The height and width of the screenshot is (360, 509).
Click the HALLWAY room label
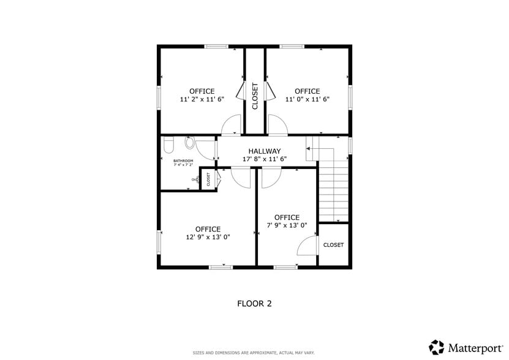[x=264, y=151]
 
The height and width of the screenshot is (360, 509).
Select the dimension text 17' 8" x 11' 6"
[x=264, y=159]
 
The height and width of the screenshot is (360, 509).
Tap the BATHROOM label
[x=183, y=161]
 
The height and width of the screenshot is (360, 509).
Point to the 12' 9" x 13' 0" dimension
[x=208, y=237]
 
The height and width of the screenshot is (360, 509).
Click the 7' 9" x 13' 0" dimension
[x=287, y=225]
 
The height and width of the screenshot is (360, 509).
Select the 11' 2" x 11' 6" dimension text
[x=202, y=99]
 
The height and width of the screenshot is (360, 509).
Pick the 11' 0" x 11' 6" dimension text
[x=307, y=99]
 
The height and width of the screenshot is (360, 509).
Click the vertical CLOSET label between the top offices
[x=255, y=96]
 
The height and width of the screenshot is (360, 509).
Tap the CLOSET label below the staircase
[x=333, y=245]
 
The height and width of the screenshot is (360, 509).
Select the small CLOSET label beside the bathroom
[x=208, y=179]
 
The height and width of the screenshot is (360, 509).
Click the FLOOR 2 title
[x=254, y=303]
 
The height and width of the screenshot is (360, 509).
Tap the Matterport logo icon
[x=436, y=347]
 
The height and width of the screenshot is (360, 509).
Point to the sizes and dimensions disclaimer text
[x=254, y=353]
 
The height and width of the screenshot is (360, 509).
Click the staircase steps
[x=333, y=190]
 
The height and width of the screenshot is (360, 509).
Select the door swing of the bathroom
[x=206, y=149]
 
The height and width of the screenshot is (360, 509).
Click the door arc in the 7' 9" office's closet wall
[x=306, y=246]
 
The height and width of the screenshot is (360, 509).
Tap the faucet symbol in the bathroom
[x=195, y=179]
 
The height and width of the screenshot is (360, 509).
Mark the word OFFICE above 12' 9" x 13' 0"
[x=208, y=229]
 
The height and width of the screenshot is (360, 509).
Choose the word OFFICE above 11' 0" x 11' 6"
[x=307, y=91]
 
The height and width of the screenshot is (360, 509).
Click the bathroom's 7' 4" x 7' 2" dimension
[x=183, y=165]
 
